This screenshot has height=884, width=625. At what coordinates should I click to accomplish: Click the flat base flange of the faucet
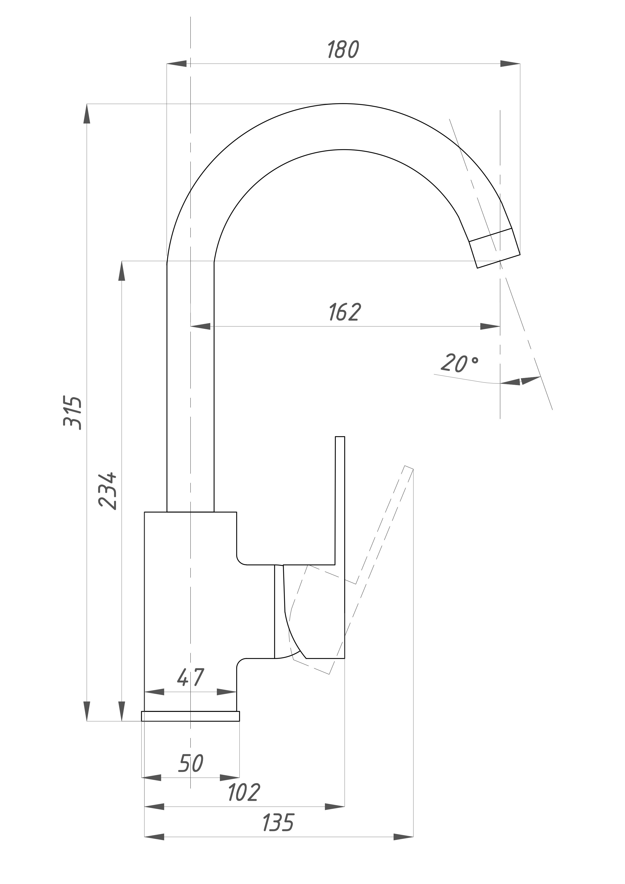pyautogui.click(x=191, y=716)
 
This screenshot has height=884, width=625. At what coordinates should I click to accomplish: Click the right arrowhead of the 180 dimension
pyautogui.click(x=510, y=64)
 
